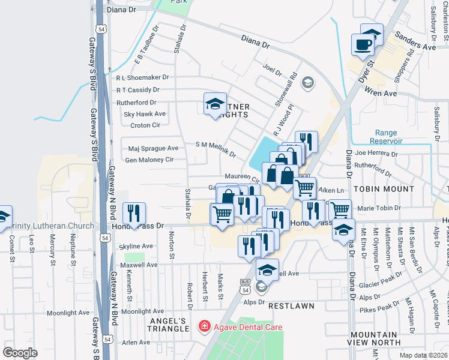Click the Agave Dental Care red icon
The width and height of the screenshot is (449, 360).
tap(205, 327)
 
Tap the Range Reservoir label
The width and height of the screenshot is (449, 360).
tap(387, 137)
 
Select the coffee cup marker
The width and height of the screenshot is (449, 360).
tap(364, 46)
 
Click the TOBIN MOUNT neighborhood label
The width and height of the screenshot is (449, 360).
tap(384, 188)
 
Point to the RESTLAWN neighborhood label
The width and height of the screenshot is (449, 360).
tap(291, 306)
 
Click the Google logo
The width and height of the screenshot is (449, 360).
tap(20, 353)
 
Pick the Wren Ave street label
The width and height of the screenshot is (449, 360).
tap(381, 94)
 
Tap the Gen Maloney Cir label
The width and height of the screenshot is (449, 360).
tap(149, 160)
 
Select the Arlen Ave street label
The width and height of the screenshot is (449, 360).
tap(136, 342)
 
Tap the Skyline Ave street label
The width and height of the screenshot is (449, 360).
tap(137, 246)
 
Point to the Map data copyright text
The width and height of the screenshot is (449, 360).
tap(423, 355)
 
